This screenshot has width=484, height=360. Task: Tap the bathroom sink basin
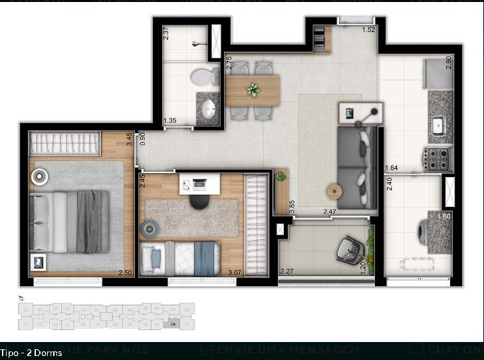click(x=209, y=109)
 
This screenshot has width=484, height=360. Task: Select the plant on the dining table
click(x=253, y=90)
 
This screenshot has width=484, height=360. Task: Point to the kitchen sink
click(x=439, y=124)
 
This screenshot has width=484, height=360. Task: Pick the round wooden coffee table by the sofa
click(x=334, y=191)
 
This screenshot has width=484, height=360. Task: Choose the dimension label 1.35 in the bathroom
click(x=170, y=120)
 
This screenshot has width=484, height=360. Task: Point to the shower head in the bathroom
click(x=195, y=44)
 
